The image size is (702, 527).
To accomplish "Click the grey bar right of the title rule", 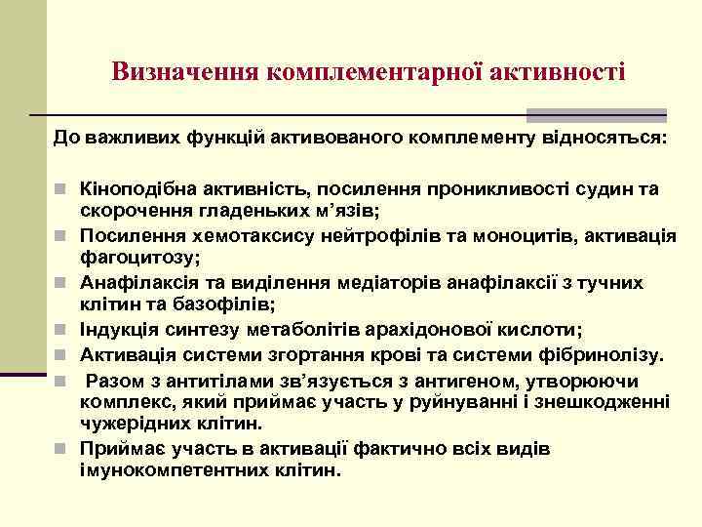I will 597,114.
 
